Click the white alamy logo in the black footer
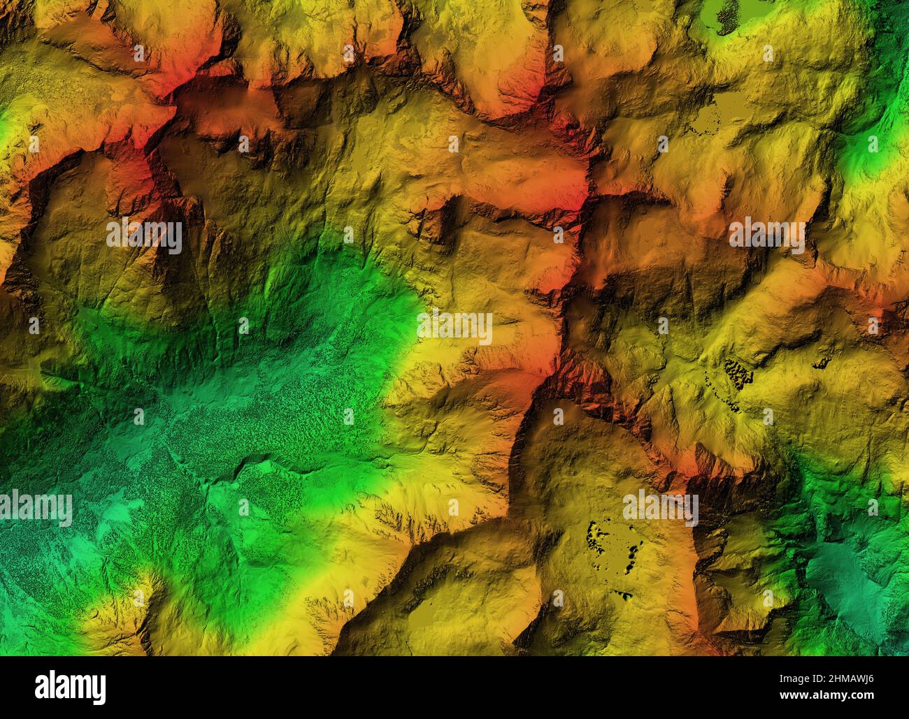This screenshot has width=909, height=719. pos(70,687)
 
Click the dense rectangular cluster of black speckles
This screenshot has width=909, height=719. pos(737,375)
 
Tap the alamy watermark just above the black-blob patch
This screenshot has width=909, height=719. pos(661,508)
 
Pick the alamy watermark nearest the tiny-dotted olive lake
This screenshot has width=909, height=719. pos(766,235)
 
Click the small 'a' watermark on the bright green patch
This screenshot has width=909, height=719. pos(872,144)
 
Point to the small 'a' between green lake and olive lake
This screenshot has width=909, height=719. pos(767,53)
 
